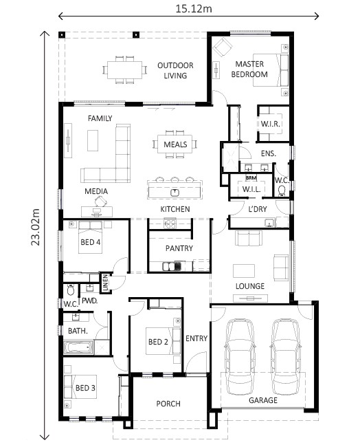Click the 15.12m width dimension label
pyautogui.click(x=194, y=9)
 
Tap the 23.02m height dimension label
pyautogui.click(x=36, y=227)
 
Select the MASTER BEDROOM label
pyautogui.click(x=249, y=69)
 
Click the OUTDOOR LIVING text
pyautogui.click(x=175, y=70)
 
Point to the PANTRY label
pyautogui.click(x=179, y=248)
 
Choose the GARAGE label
pyautogui.click(x=263, y=400)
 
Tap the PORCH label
pyautogui.click(x=168, y=404)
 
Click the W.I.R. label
pyautogui.click(x=270, y=124)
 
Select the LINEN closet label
pyautogui.click(x=105, y=283)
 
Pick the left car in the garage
pyautogui.click(x=239, y=357)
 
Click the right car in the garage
pyautogui.click(x=285, y=357)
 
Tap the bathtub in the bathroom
pyautogui.click(x=78, y=347)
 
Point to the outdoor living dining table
pyautogui.click(x=125, y=70)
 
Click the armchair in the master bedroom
pyautogui.click(x=223, y=47)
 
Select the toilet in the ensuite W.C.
pyautogui.click(x=281, y=190)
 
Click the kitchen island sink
pyautogui.click(x=175, y=193)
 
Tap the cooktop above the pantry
pyautogui.click(x=170, y=223)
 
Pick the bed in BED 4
pyautogui.click(x=90, y=237)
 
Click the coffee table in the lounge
pyautogui.click(x=244, y=271)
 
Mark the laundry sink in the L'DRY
pyautogui.click(x=269, y=222)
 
